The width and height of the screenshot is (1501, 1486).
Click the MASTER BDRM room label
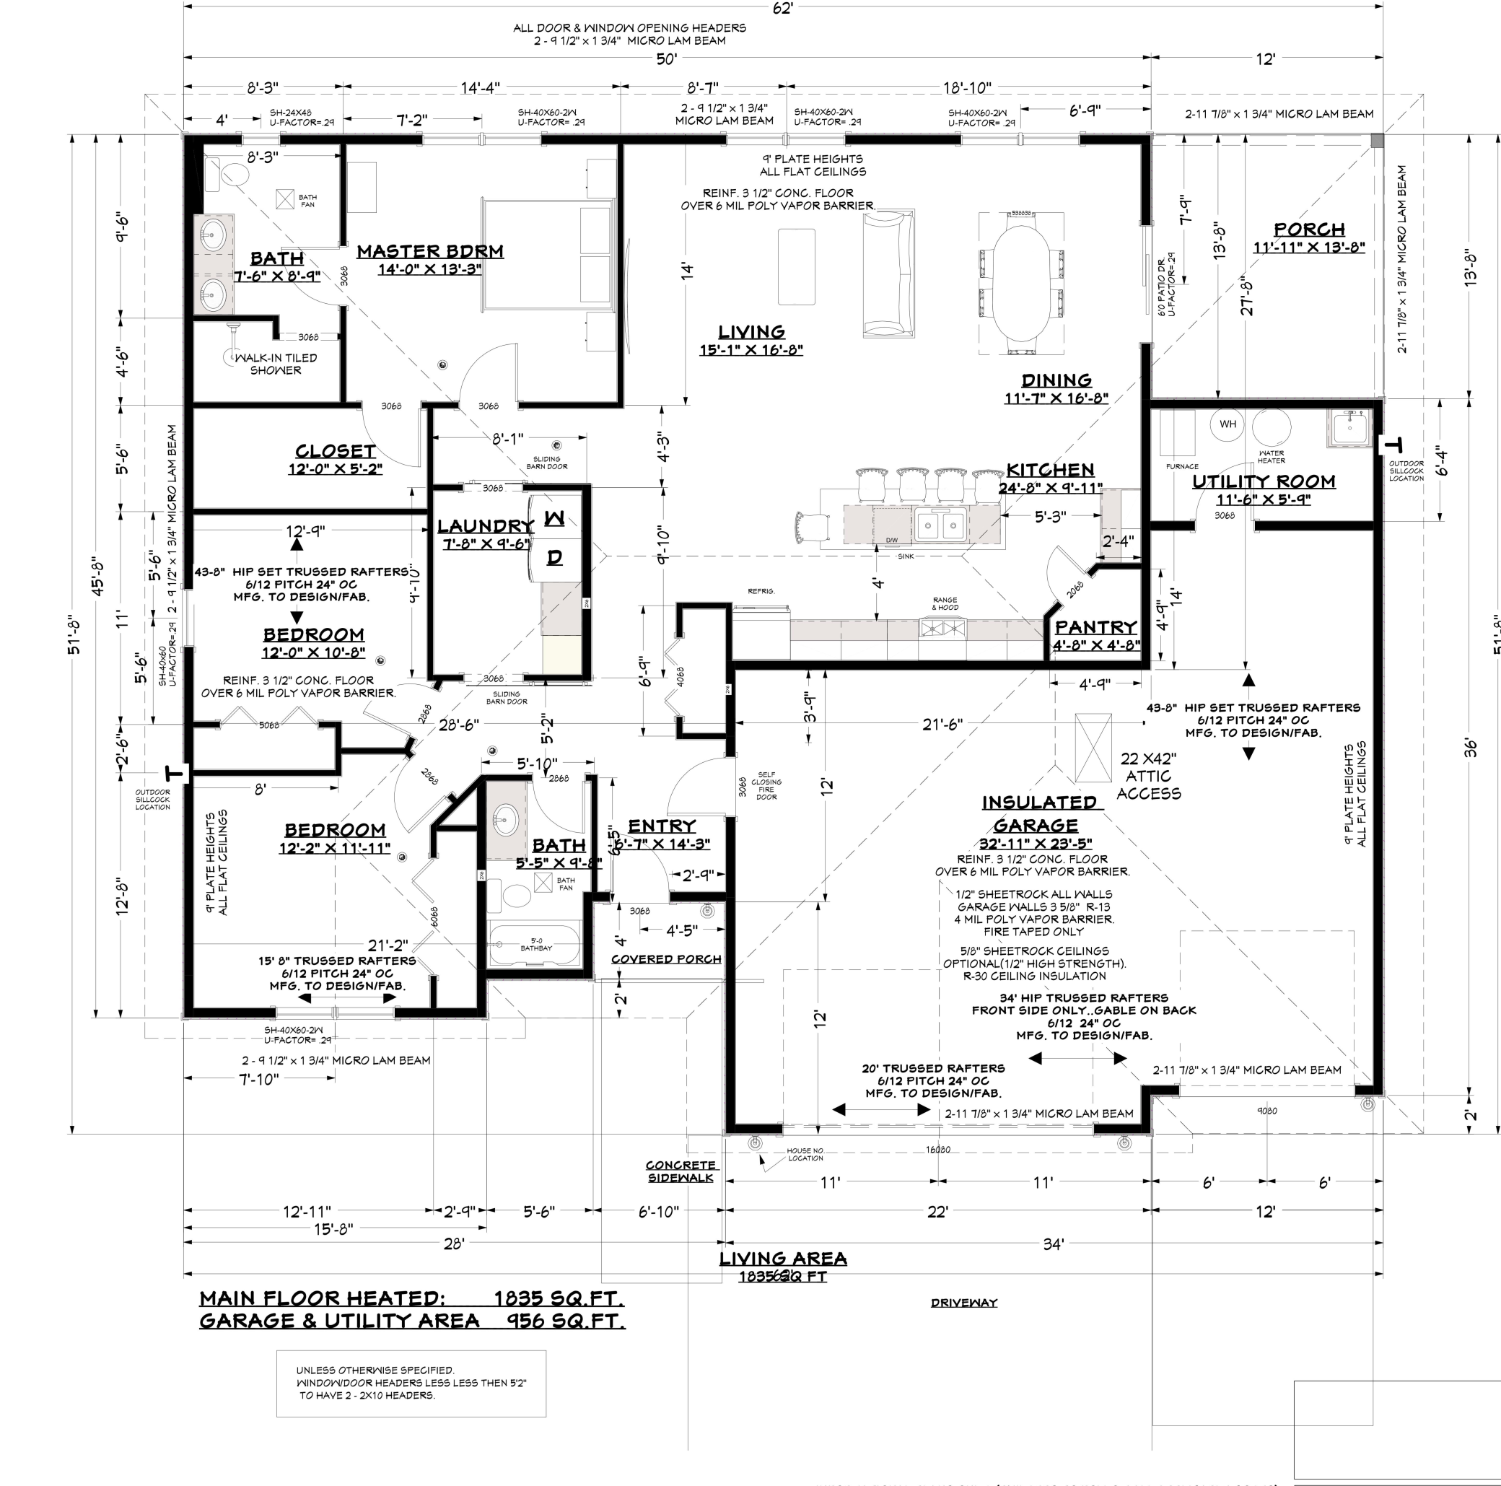pos(429,251)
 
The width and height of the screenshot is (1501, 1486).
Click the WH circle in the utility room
pos(1228,424)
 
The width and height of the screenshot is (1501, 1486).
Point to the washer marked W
pos(555,517)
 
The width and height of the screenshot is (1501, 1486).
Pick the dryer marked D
pos(555,557)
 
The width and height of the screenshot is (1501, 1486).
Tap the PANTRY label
pos(1095,626)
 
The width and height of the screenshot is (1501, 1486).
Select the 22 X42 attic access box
pos(1093,747)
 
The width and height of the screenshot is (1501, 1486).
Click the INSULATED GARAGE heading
pos(1038,813)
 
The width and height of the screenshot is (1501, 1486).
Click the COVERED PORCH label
pos(666,959)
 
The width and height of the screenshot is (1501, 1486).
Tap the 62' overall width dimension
pos(782,8)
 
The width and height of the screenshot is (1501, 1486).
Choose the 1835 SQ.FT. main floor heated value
pos(559,1298)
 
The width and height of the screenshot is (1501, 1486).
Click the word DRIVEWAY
pos(963,1303)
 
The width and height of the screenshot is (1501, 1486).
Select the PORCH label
pos(1309,230)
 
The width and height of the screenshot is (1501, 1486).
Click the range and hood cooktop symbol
pos(943,626)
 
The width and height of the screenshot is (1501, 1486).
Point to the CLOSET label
pos(335,451)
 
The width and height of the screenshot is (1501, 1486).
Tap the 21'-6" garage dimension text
pos(942,725)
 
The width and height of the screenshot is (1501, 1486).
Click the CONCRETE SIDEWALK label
pos(681,1171)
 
